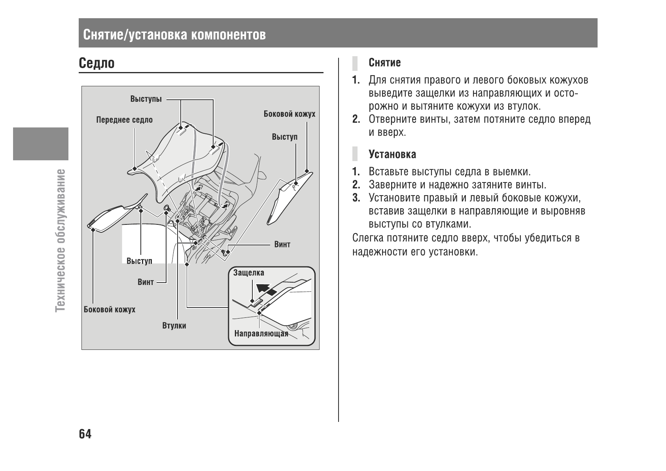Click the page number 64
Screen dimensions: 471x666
tap(85, 434)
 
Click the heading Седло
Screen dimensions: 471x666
tap(97, 63)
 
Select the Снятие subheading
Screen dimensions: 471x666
tap(384, 63)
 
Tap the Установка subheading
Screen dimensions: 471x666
tap(392, 154)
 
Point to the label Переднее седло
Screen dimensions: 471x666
tap(124, 120)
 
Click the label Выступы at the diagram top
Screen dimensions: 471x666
tap(146, 99)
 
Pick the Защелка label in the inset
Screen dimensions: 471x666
tap(248, 273)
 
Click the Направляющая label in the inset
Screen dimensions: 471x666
tap(261, 334)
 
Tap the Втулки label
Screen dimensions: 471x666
tap(174, 326)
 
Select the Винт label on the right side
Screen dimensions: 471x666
tap(282, 244)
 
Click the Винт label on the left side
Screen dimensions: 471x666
tap(146, 282)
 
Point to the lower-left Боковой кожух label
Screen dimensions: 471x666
tap(109, 310)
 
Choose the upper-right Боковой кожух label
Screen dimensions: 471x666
tap(289, 114)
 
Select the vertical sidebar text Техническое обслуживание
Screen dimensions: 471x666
tap(61, 239)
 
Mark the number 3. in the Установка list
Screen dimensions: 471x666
tap(356, 198)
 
